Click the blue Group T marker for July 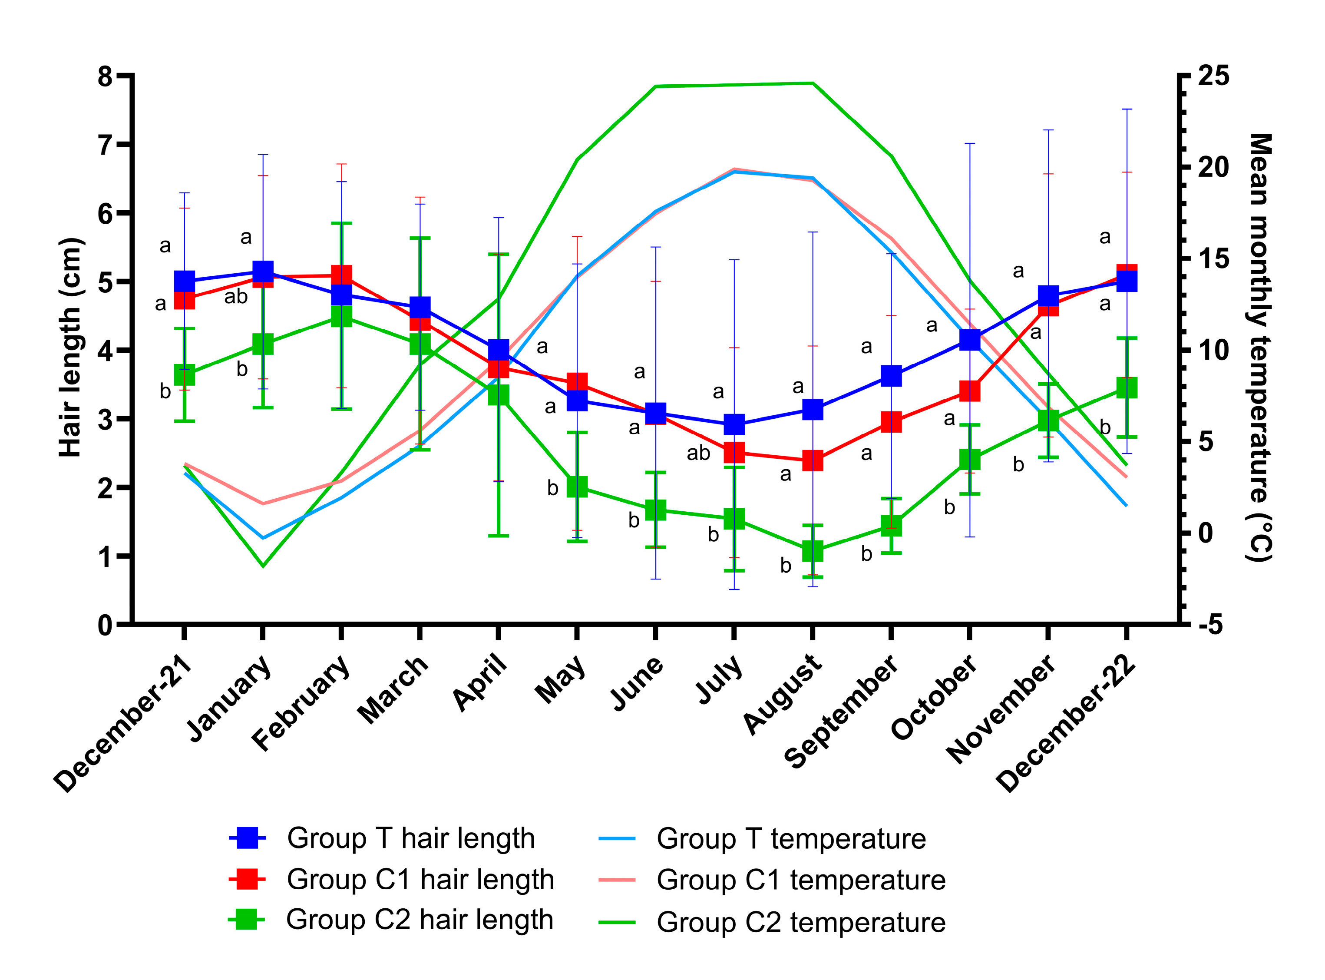[x=734, y=424]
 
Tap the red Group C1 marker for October [x=970, y=391]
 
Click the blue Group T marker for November [x=1048, y=295]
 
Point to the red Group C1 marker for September [x=891, y=422]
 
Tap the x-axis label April [x=480, y=682]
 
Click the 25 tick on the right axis [x=1213, y=76]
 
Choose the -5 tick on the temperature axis [x=1210, y=625]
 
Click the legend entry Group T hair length [x=410, y=838]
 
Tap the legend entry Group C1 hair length [x=420, y=879]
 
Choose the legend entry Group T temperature [x=790, y=839]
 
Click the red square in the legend [x=247, y=879]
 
